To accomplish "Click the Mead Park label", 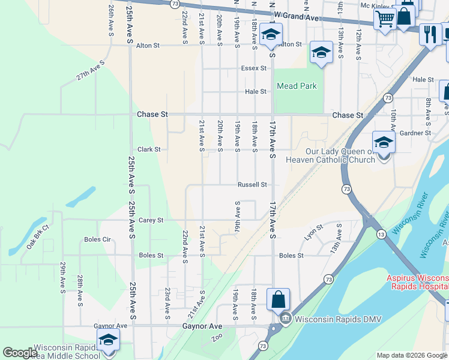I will click(297, 86).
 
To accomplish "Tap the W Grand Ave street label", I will click(295, 17).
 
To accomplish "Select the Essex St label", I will click(253, 68).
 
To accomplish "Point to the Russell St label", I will click(252, 185).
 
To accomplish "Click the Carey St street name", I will click(151, 220).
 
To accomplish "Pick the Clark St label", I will click(149, 149).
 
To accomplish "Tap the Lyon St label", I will click(314, 231).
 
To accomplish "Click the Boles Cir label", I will click(97, 239).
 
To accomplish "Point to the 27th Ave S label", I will click(90, 70).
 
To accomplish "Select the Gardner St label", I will click(415, 133).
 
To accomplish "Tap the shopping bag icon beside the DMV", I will click(279, 299).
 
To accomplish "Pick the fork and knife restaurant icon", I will click(430, 34).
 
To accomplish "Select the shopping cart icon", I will click(384, 19).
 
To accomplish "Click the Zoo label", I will click(217, 338).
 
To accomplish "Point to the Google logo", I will click(20, 353).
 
